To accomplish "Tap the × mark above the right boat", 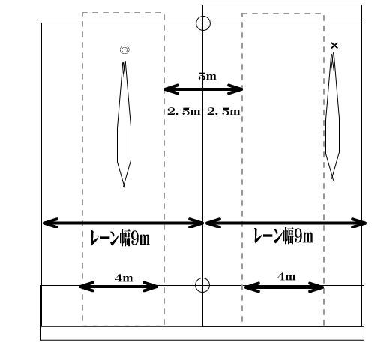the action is point(334,46).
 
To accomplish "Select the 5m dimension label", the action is point(207,76).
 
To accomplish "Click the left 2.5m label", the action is point(184,111).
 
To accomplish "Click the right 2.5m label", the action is point(223,111).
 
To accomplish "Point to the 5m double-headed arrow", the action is point(203,89).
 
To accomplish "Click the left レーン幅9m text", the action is point(120,238).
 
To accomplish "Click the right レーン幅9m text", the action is point(283,235).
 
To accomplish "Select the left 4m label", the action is point(124,277).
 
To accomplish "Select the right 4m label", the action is point(286,277).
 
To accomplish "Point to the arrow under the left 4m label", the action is point(118,286).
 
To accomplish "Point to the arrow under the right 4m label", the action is point(284,287).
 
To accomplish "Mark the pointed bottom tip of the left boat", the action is point(124,188).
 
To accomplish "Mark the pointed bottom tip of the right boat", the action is point(332,179).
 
